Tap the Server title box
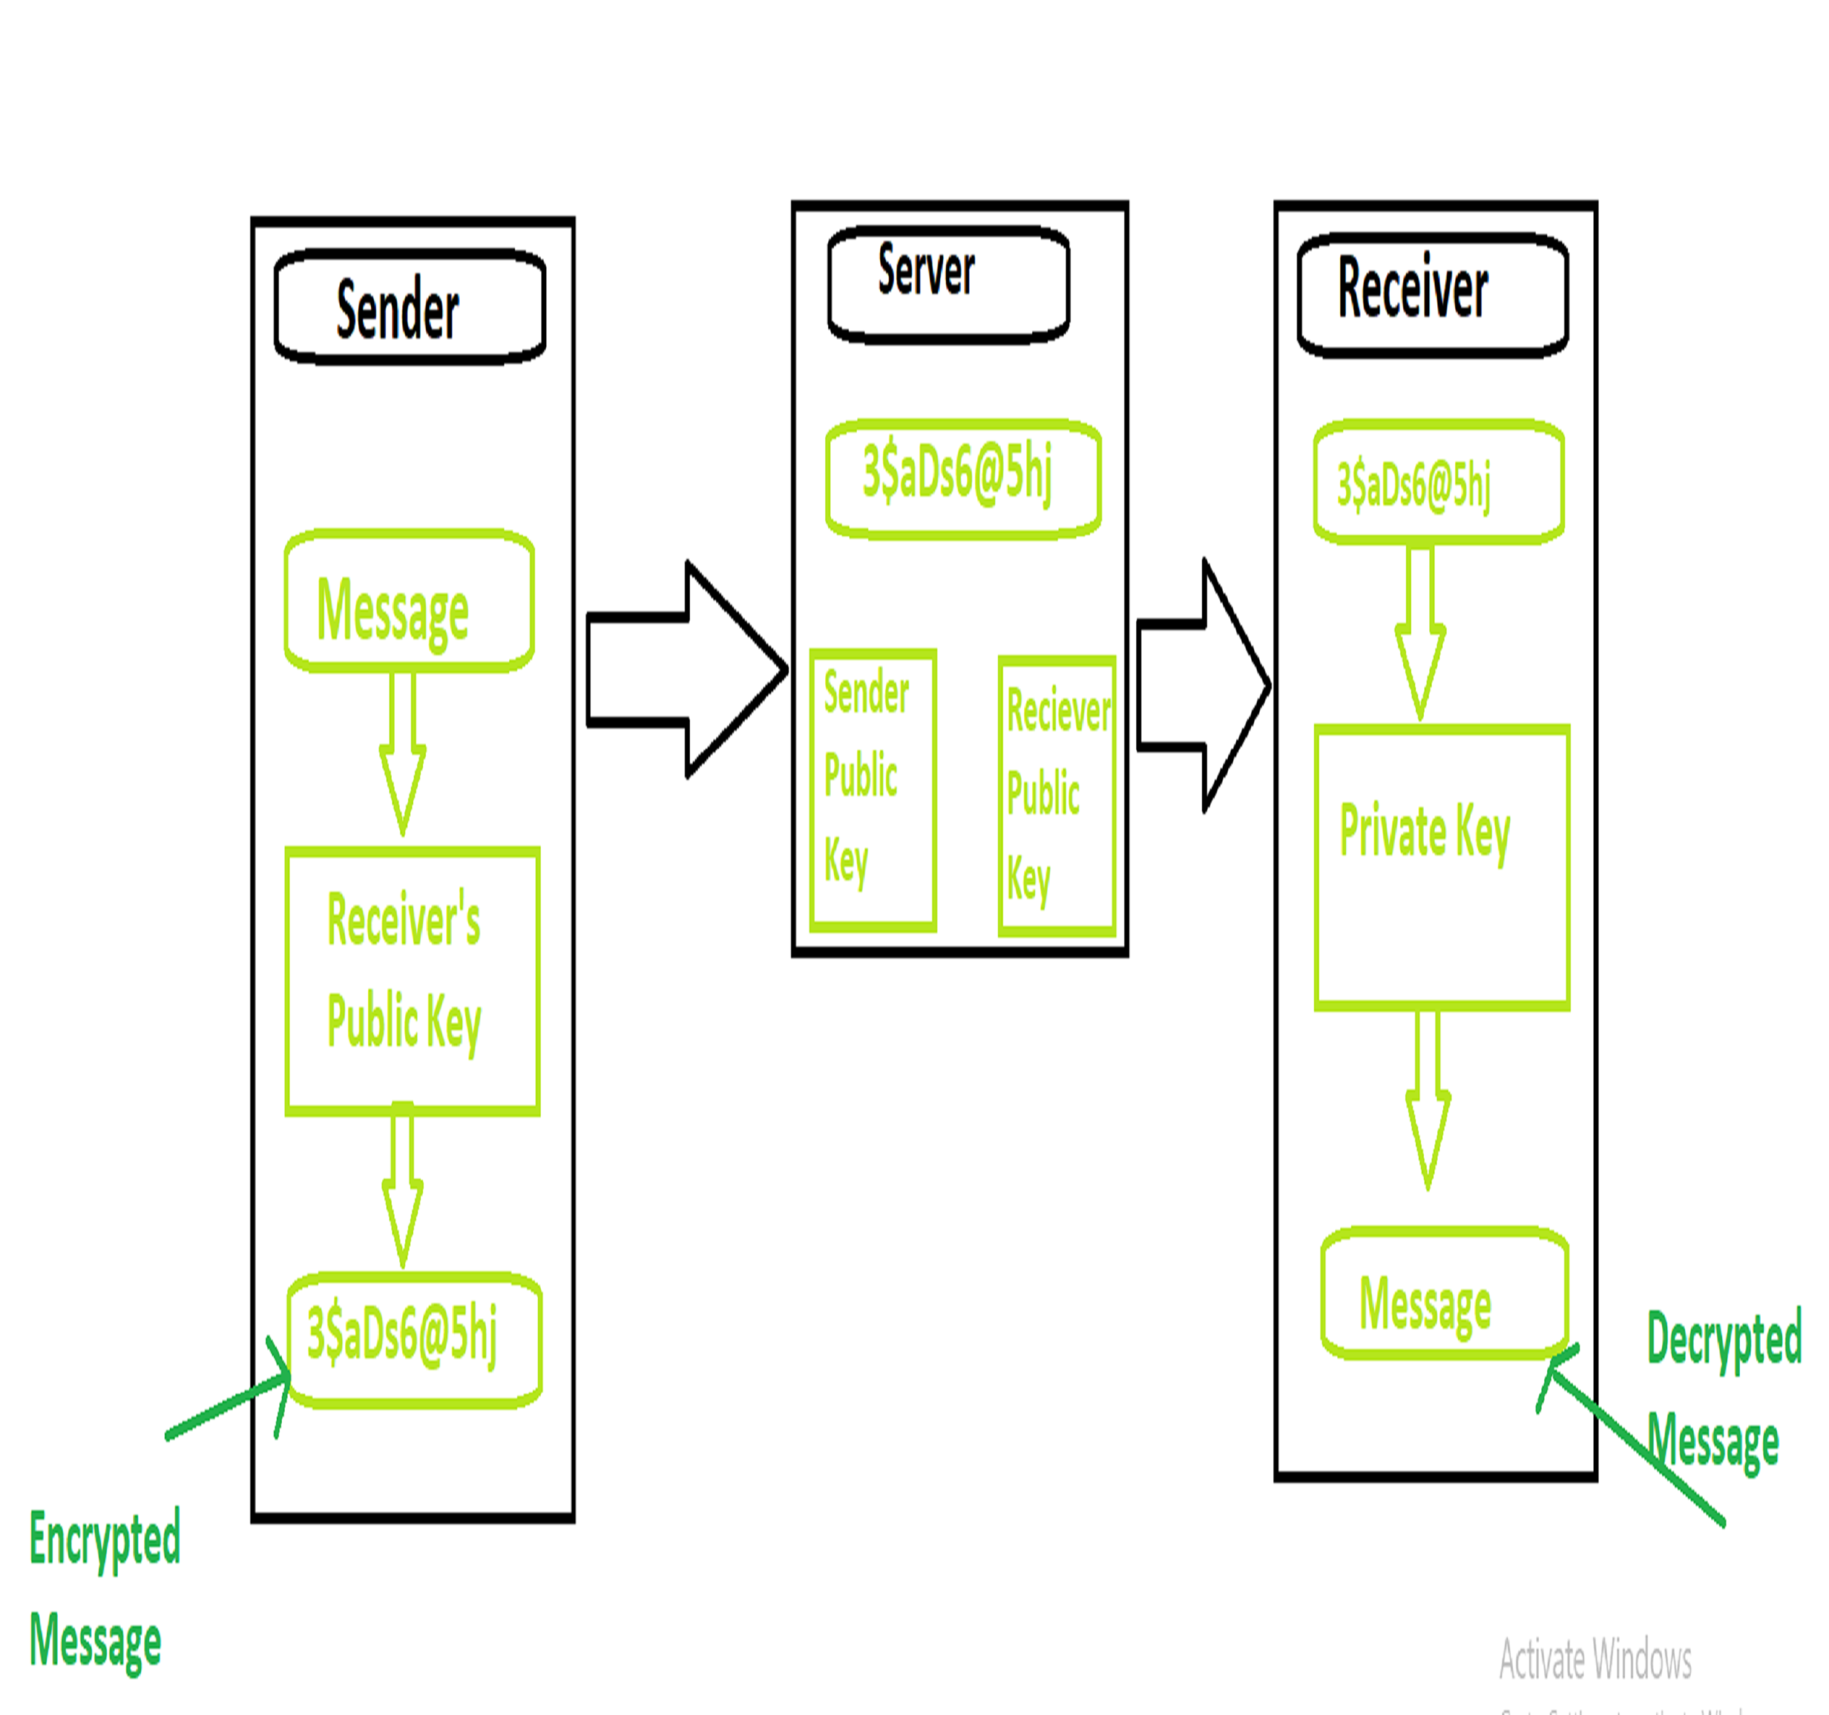[948, 285]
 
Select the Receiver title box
[1432, 294]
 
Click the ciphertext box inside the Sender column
[414, 1339]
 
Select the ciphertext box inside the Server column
[963, 478]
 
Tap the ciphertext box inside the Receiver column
[1438, 483]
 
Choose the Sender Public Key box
[872, 789]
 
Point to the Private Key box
[1441, 867]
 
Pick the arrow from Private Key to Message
[1428, 1099]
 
